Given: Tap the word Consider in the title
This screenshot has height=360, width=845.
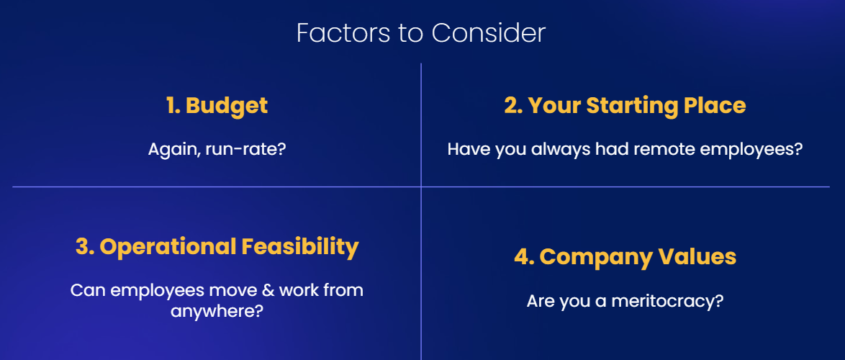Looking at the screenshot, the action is (x=488, y=33).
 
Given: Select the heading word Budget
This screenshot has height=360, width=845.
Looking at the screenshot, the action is (x=227, y=106).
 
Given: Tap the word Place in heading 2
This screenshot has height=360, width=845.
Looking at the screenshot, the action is (x=715, y=106).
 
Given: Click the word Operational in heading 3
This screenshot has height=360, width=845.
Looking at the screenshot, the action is (x=168, y=248).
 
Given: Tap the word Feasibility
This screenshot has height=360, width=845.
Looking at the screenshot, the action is (x=300, y=248).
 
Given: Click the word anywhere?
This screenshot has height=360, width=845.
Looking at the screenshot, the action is (x=217, y=311).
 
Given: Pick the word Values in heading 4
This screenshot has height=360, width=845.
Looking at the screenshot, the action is (x=696, y=256).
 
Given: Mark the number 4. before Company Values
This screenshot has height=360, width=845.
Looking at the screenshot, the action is (x=525, y=257).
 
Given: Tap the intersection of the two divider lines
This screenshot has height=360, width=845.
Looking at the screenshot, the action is (x=421, y=187).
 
